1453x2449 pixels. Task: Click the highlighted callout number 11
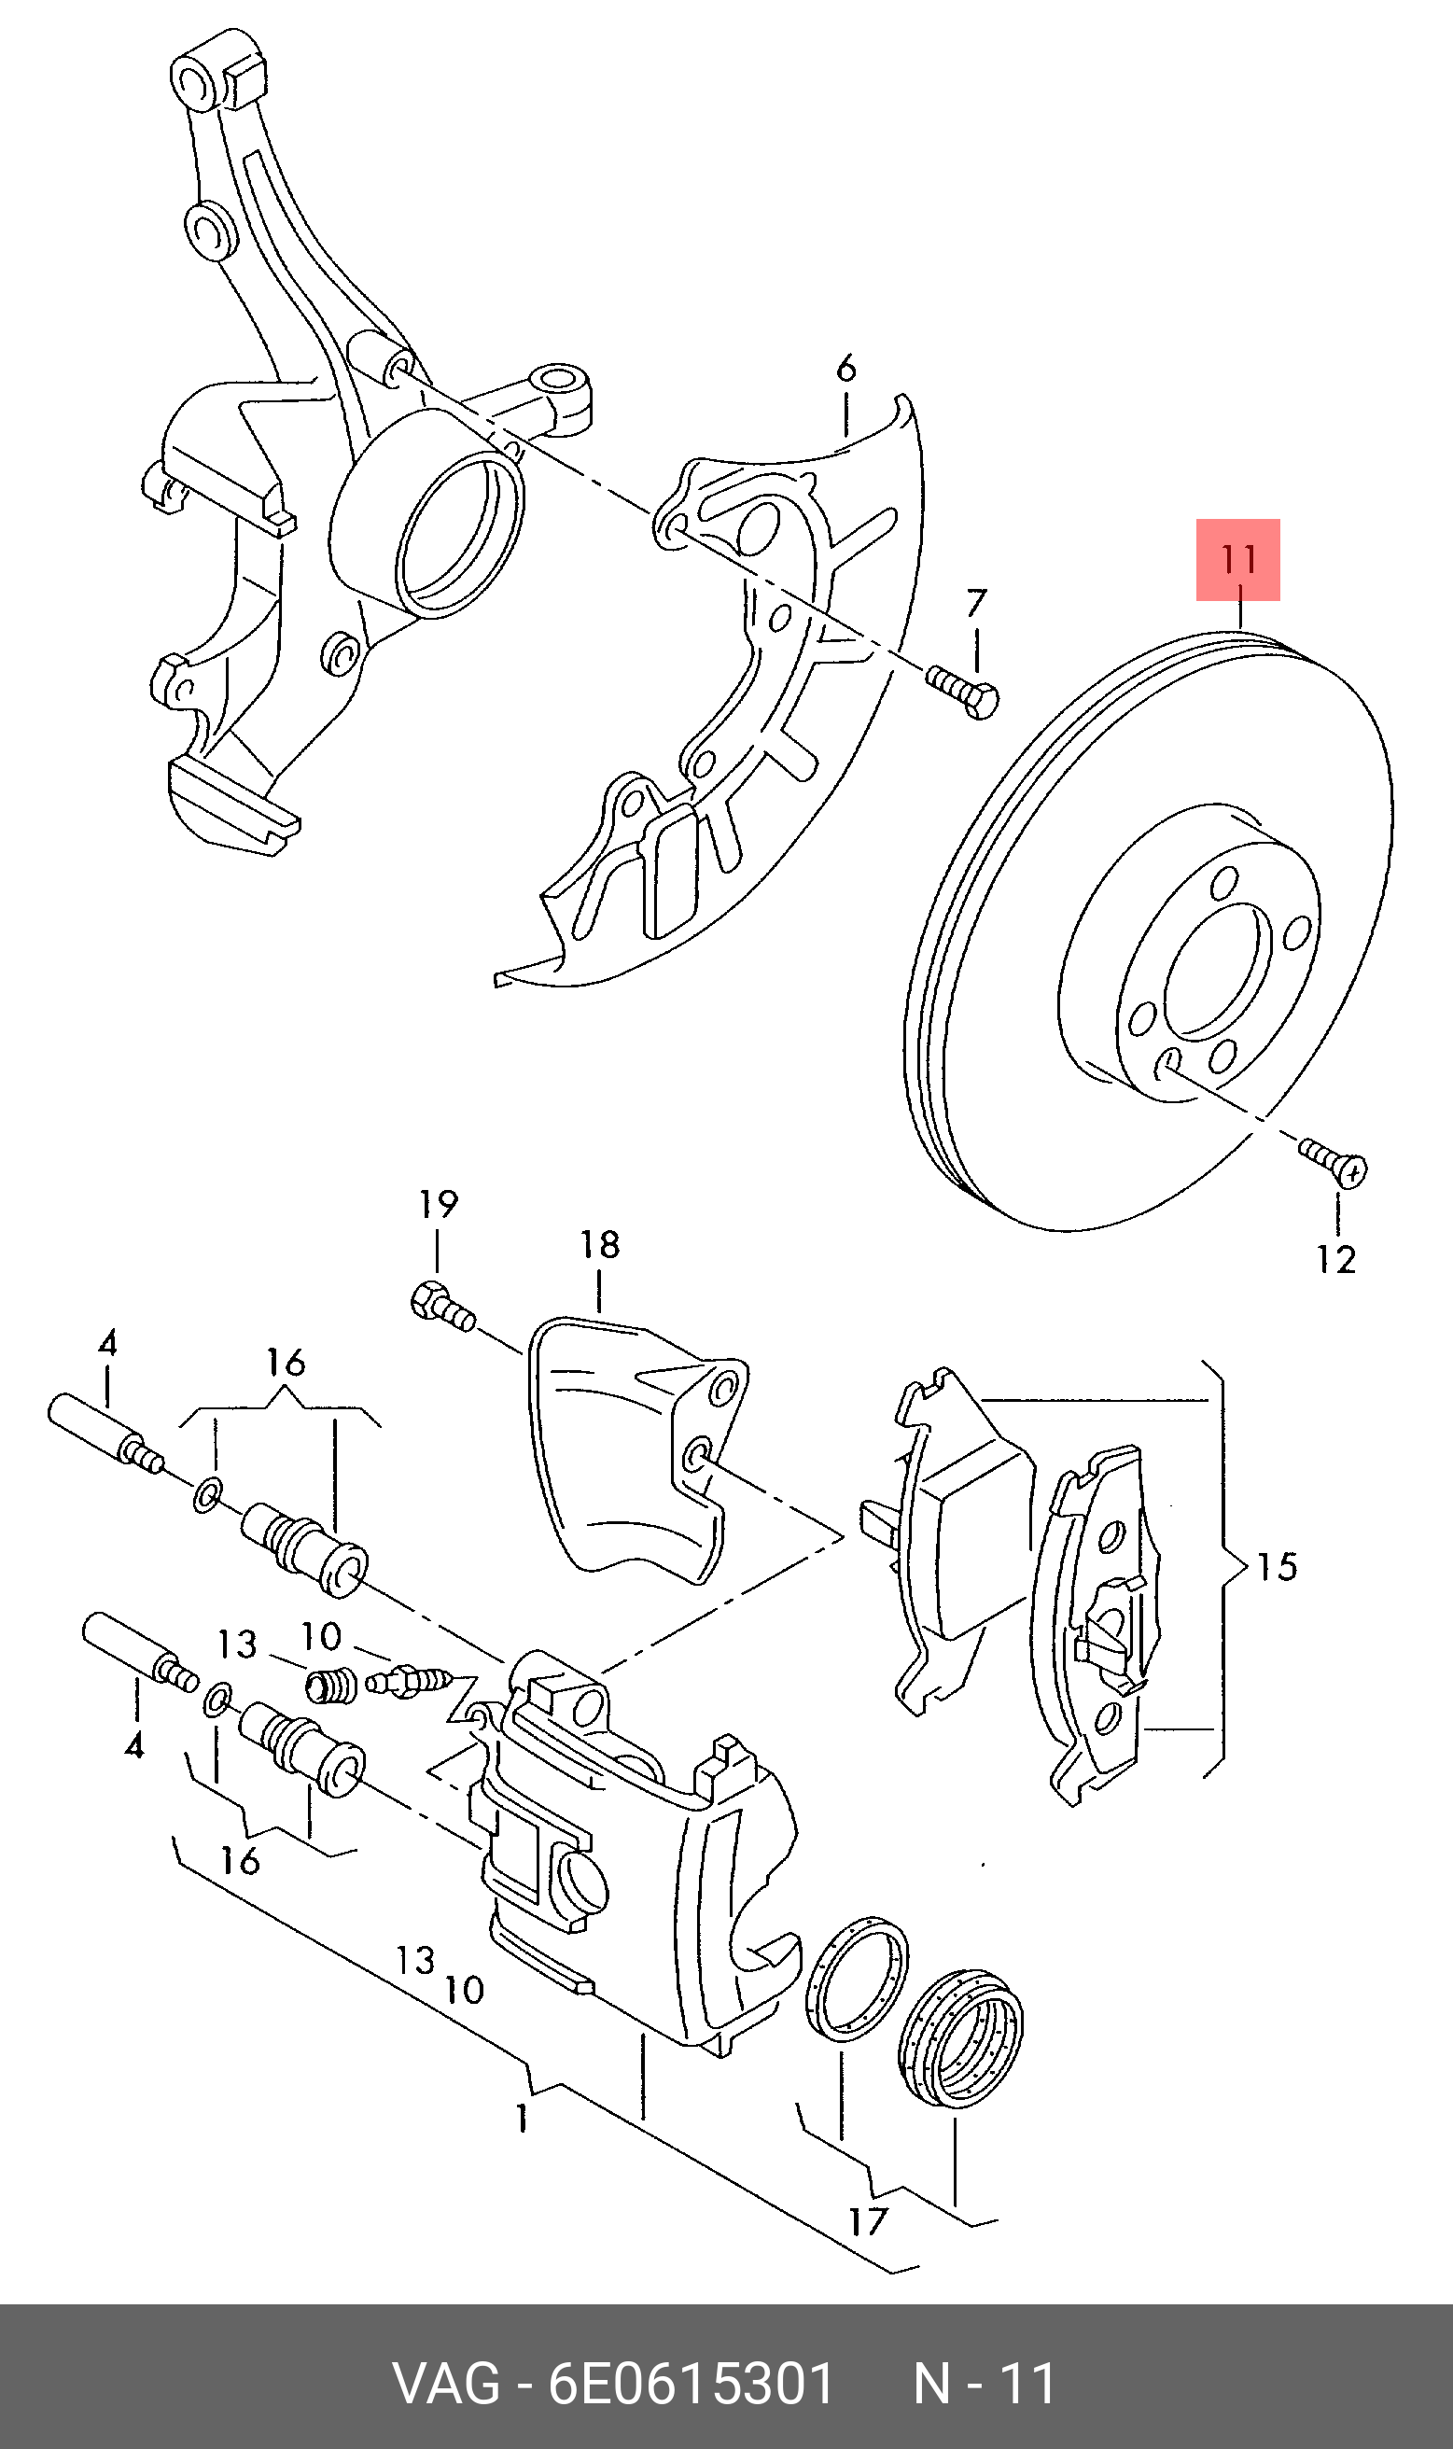click(x=1237, y=560)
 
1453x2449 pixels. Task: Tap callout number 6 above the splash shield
click(x=846, y=370)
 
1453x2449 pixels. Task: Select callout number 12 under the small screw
click(x=1335, y=1259)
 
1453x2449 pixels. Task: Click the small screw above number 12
click(x=1334, y=1161)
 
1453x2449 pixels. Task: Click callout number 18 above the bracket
click(x=599, y=1245)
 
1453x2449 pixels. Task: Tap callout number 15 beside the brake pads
click(x=1277, y=1567)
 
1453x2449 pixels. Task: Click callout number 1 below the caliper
click(x=523, y=2119)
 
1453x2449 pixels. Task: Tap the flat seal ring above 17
click(x=855, y=1980)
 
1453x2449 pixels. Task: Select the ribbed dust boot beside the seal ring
click(x=960, y=2038)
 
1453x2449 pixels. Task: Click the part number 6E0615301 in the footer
click(x=691, y=2385)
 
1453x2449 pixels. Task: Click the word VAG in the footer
click(x=445, y=2385)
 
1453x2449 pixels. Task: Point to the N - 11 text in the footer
click(x=984, y=2385)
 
